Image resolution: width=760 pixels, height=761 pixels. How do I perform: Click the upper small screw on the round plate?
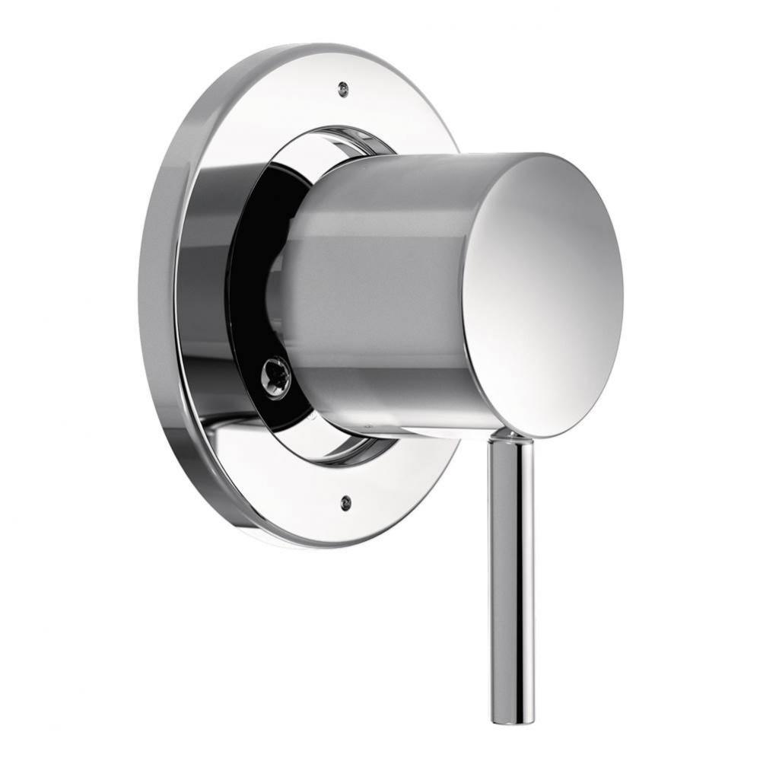pos(344,90)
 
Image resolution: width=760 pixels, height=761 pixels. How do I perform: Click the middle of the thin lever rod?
pos(512,578)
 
